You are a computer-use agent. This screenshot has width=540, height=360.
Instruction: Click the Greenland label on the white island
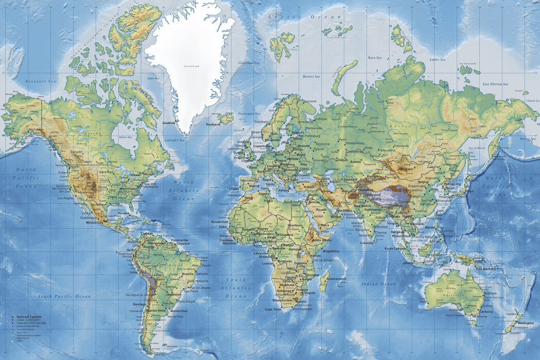coord(191,66)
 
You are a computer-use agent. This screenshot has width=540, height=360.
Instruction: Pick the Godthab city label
coord(169,123)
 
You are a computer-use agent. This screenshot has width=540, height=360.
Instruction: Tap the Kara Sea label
coord(374,58)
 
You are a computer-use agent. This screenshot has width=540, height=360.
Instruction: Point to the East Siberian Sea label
coord(496,84)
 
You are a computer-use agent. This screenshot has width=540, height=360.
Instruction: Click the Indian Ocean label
coord(378,284)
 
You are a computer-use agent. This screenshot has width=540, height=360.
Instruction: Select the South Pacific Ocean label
coord(64,296)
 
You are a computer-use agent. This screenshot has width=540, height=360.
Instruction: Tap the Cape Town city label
coord(273,310)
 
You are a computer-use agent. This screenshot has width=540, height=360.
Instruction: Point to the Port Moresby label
coord(486,268)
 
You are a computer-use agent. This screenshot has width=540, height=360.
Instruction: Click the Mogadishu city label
coord(330,251)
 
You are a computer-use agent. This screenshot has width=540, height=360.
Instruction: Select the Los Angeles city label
coord(66,198)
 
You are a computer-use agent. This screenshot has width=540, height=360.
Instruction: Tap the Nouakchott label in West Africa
coord(220,221)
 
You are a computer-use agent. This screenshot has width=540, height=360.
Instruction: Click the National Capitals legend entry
coord(29,316)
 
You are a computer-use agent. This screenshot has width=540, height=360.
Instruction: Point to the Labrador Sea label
coord(175,140)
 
